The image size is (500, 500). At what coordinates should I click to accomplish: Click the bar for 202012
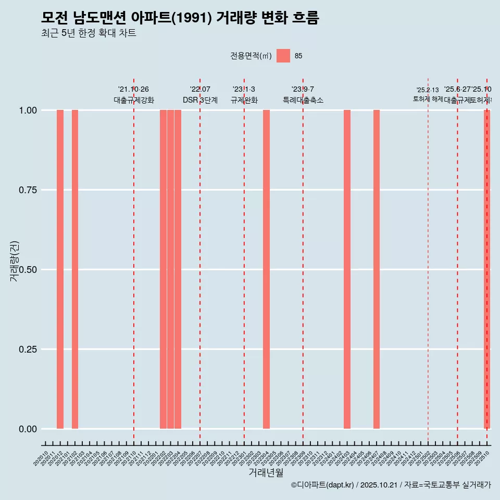pos(60,269)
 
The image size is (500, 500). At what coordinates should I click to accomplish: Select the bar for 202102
pos(75,269)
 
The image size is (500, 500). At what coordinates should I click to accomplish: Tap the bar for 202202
pos(163,269)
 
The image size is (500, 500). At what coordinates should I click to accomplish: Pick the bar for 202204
pos(178,269)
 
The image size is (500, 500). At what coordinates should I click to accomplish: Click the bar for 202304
pos(266,269)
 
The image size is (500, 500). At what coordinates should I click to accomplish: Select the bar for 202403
pos(347,269)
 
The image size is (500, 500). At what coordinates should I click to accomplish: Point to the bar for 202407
pos(377,269)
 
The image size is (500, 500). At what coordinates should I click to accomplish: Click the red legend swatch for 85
pos(283,56)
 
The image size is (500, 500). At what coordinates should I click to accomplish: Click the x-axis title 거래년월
pos(266,472)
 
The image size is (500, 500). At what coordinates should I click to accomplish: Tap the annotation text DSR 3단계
pos(200,100)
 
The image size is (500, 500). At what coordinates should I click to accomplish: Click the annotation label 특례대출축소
pos(303,100)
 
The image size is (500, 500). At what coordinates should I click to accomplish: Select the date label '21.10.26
pos(133,90)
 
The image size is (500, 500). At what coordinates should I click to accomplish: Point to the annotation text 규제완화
pos(244,100)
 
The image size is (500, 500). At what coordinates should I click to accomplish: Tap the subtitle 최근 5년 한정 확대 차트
pos(89,33)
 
